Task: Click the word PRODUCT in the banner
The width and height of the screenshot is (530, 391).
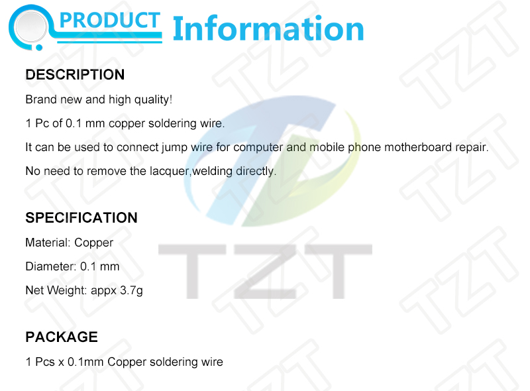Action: click(x=109, y=21)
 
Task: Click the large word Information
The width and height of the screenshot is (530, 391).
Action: click(x=268, y=28)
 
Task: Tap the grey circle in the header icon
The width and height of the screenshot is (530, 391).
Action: click(x=30, y=27)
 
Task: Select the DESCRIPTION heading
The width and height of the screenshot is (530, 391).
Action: click(x=75, y=74)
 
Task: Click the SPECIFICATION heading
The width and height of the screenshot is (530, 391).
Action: click(x=81, y=217)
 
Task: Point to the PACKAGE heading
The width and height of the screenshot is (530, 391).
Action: click(x=62, y=337)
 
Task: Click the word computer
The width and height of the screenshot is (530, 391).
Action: click(x=258, y=148)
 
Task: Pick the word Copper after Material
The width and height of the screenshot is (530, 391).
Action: click(x=93, y=243)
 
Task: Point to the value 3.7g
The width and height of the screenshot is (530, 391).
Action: click(x=131, y=290)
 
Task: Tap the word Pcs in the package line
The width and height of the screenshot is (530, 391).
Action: click(x=45, y=362)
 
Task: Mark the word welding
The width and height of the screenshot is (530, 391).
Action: click(x=212, y=171)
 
